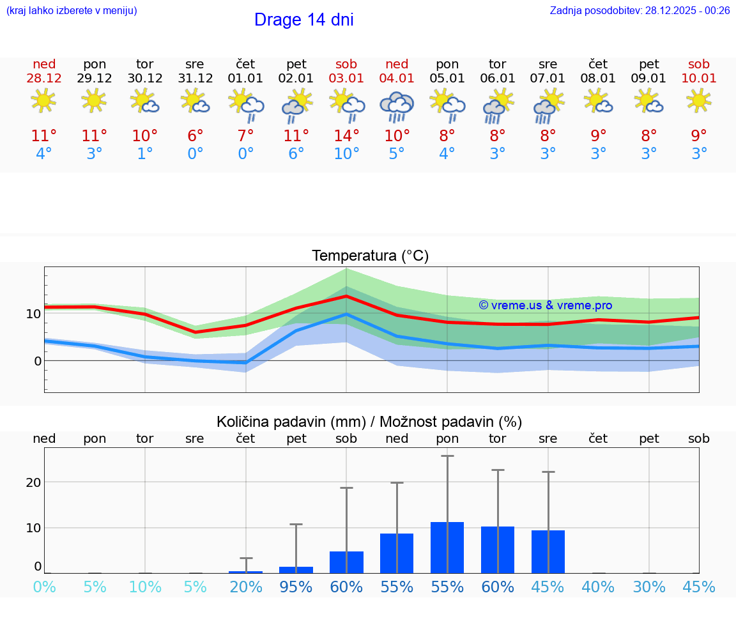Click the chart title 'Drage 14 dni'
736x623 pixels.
coord(303,20)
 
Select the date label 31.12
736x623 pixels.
coord(195,78)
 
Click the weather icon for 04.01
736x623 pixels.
coord(397,107)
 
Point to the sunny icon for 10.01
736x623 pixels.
coord(699,100)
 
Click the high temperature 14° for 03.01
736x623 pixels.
coord(346,136)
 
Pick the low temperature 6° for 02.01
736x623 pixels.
coord(296,154)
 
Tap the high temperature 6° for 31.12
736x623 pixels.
coord(195,136)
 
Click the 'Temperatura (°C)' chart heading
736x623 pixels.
coord(370,256)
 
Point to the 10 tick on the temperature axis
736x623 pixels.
coord(33,314)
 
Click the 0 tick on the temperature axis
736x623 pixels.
coord(37,361)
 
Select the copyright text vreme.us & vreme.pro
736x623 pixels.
coord(546,305)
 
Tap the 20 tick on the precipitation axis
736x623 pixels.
coord(33,482)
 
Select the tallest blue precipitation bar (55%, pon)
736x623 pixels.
coord(447,548)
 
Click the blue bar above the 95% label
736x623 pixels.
coord(296,569)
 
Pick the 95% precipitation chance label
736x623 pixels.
coord(296,587)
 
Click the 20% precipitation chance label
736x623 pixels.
coord(246,587)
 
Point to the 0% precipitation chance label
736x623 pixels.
coord(44,587)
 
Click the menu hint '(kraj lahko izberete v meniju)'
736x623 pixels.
coord(72,11)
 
